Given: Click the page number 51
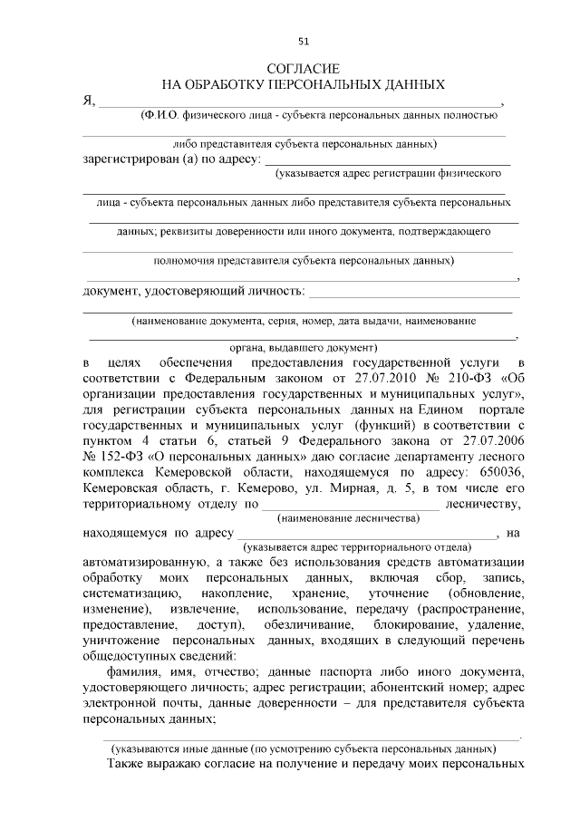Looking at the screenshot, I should (x=304, y=41).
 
